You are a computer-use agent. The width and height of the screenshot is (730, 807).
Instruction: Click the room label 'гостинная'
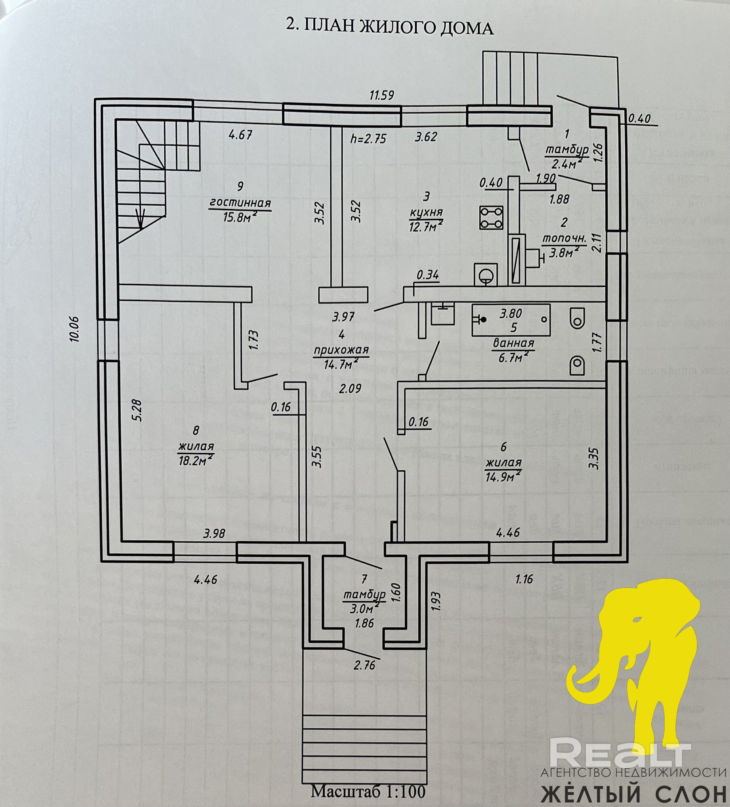[x=240, y=203]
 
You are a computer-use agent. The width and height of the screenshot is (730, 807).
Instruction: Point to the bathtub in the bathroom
[x=511, y=320]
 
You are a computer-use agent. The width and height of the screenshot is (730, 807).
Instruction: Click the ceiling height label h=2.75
[x=369, y=139]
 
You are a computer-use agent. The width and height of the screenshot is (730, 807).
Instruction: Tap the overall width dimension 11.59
[x=382, y=96]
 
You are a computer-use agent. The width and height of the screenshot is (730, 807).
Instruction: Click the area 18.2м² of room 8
[x=196, y=460]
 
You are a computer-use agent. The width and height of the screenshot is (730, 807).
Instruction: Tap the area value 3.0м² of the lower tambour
[x=364, y=607]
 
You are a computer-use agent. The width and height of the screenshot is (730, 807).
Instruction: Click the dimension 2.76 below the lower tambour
[x=365, y=664]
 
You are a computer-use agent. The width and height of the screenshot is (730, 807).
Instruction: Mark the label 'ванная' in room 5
[x=513, y=343]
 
